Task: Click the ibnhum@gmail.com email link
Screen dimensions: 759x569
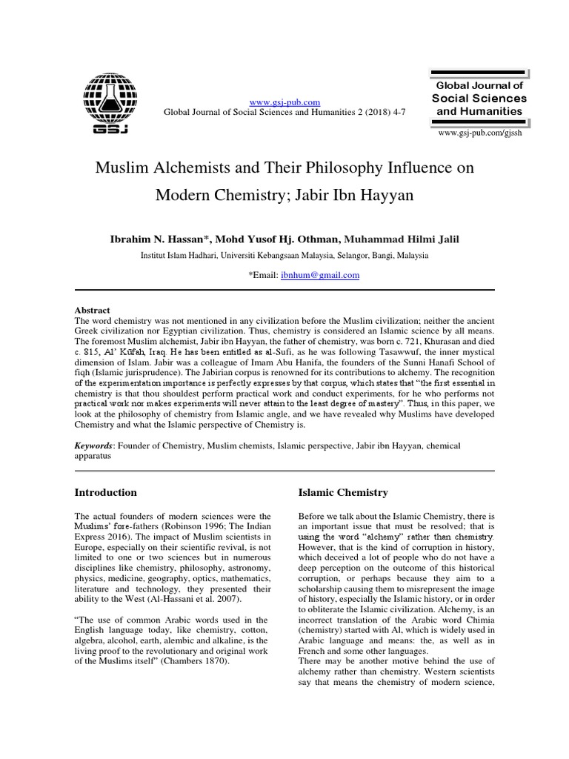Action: [320, 275]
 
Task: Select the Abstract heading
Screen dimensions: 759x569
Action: [93, 310]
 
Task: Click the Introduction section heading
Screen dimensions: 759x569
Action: [106, 492]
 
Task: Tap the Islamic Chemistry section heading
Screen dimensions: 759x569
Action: [342, 492]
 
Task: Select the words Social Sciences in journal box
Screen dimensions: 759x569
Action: [479, 98]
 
